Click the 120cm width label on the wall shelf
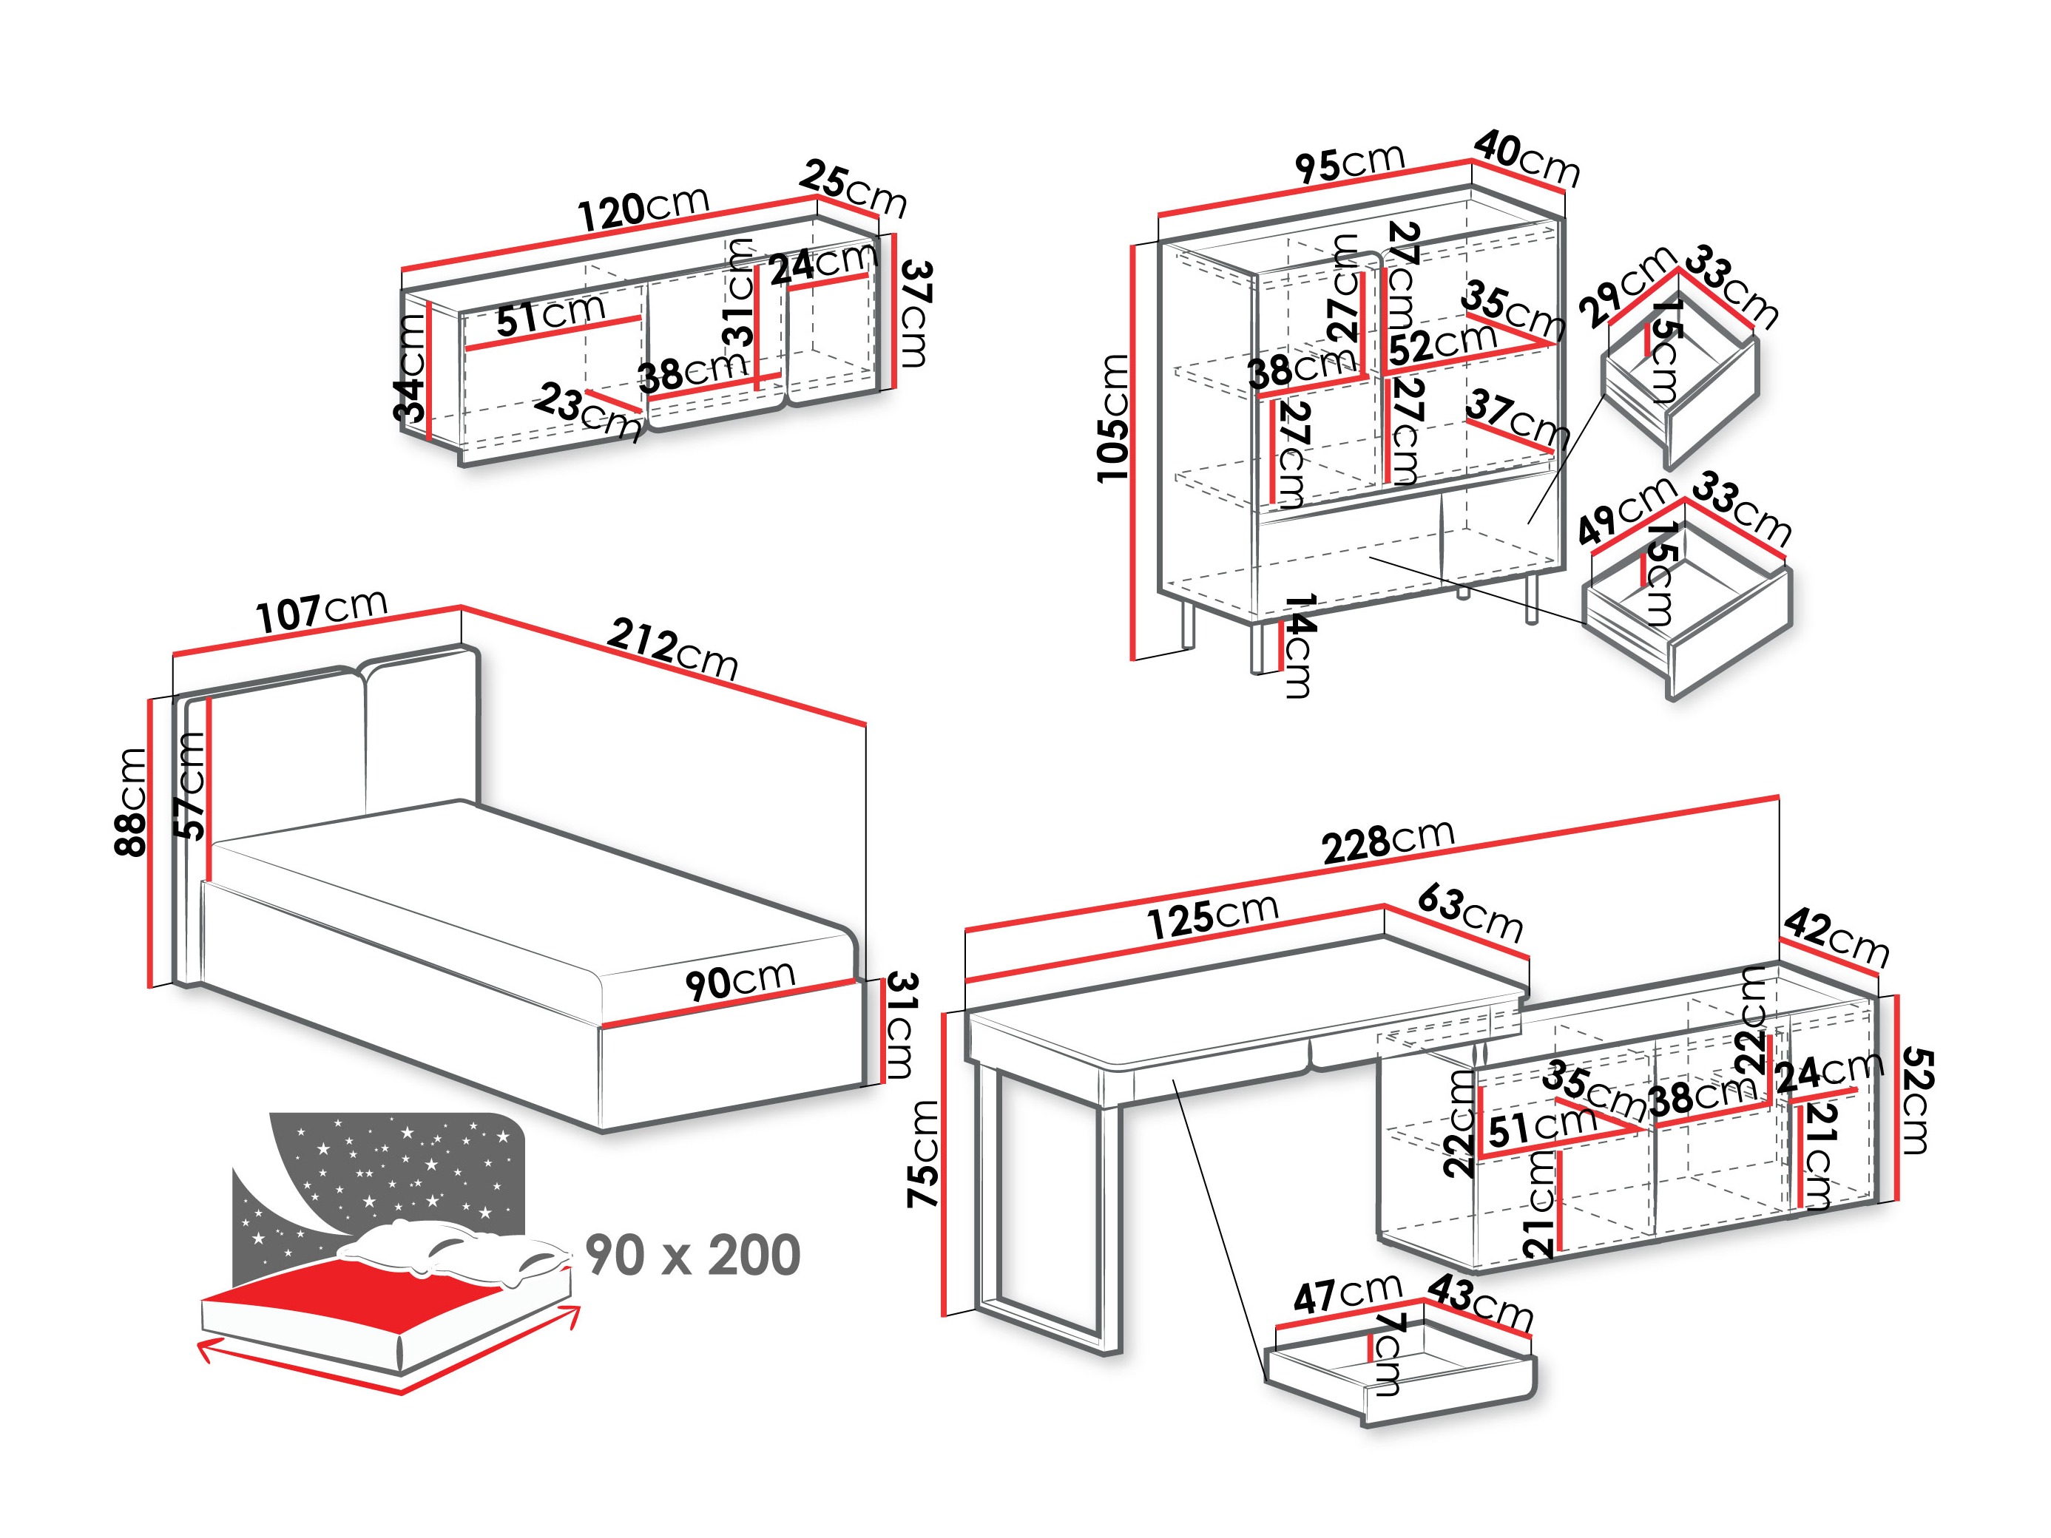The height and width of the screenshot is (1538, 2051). (x=643, y=209)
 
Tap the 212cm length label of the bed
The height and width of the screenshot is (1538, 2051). (x=673, y=650)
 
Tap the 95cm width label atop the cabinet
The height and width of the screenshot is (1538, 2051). (x=1350, y=164)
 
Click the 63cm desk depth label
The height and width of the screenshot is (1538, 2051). (x=1470, y=914)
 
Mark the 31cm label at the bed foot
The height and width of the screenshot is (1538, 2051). (x=900, y=1024)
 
